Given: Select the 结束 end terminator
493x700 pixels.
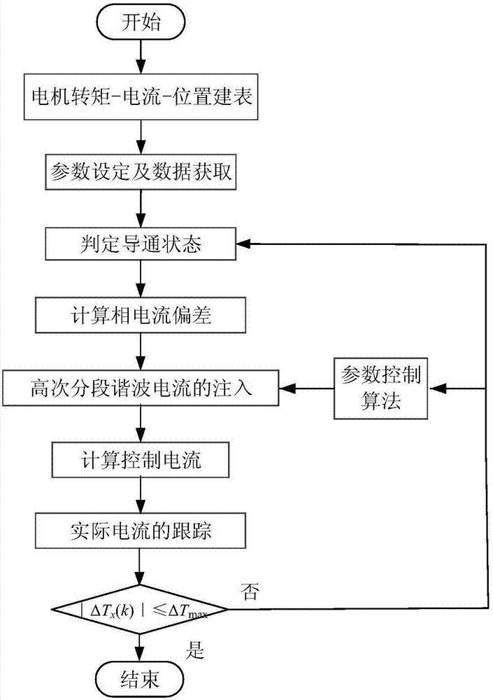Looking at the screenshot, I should point(143,678).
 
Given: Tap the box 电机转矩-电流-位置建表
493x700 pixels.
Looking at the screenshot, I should point(143,99).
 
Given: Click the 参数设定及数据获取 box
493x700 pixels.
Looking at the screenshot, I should point(143,172).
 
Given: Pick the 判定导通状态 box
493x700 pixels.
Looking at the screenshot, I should point(143,245).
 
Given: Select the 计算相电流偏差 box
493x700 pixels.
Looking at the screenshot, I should point(143,317).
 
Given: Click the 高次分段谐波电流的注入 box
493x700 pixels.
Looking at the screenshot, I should point(143,386).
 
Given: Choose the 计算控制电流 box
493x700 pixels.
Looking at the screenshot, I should point(143,460).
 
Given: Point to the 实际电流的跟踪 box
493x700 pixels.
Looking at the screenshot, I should point(143,531).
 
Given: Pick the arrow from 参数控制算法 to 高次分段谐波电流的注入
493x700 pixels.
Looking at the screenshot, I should point(308,386).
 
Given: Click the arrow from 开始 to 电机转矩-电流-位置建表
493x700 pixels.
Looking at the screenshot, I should point(143,59).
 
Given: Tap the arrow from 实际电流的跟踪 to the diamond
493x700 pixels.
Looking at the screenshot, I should point(143,567).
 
